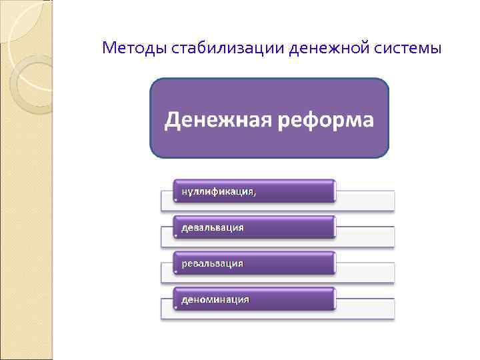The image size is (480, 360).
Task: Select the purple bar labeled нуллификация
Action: tap(254, 191)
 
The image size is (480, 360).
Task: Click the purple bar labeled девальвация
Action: tap(254, 227)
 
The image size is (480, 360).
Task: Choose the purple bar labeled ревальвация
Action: tap(254, 263)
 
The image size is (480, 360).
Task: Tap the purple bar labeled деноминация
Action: tap(254, 299)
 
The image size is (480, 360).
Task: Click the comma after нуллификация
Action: tap(254, 194)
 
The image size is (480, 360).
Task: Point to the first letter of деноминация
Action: tap(185, 300)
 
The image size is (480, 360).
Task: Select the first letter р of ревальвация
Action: tap(185, 264)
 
